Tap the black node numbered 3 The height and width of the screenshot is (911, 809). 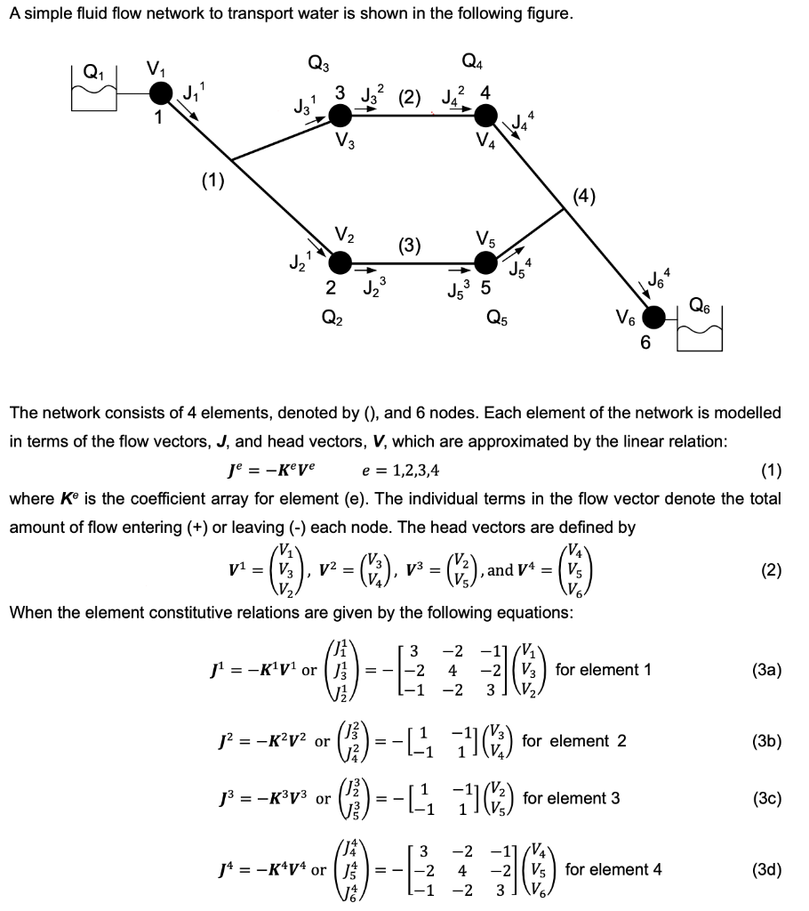point(340,116)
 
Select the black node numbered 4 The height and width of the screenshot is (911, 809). point(485,116)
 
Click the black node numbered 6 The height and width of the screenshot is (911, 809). point(655,317)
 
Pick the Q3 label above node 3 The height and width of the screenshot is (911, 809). point(317,63)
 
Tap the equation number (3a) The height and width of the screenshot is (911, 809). point(765,670)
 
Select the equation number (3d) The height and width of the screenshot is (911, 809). point(765,868)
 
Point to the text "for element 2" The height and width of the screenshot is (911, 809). point(574,740)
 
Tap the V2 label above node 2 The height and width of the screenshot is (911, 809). point(345,235)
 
